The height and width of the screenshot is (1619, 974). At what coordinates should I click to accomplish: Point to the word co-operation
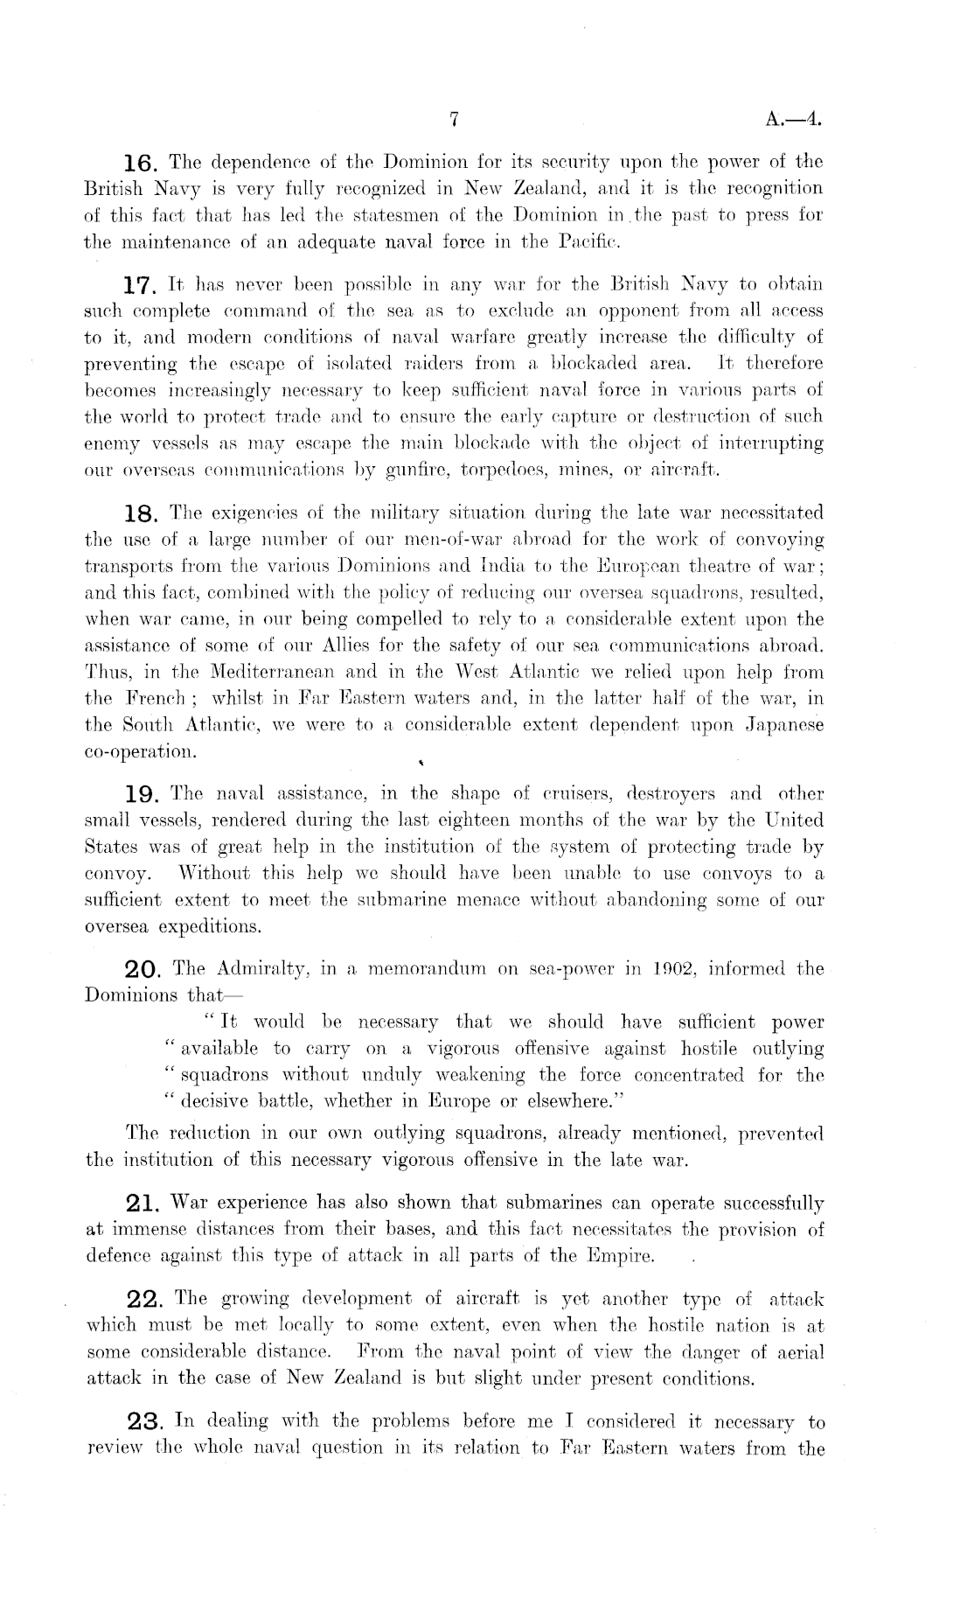point(141,752)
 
